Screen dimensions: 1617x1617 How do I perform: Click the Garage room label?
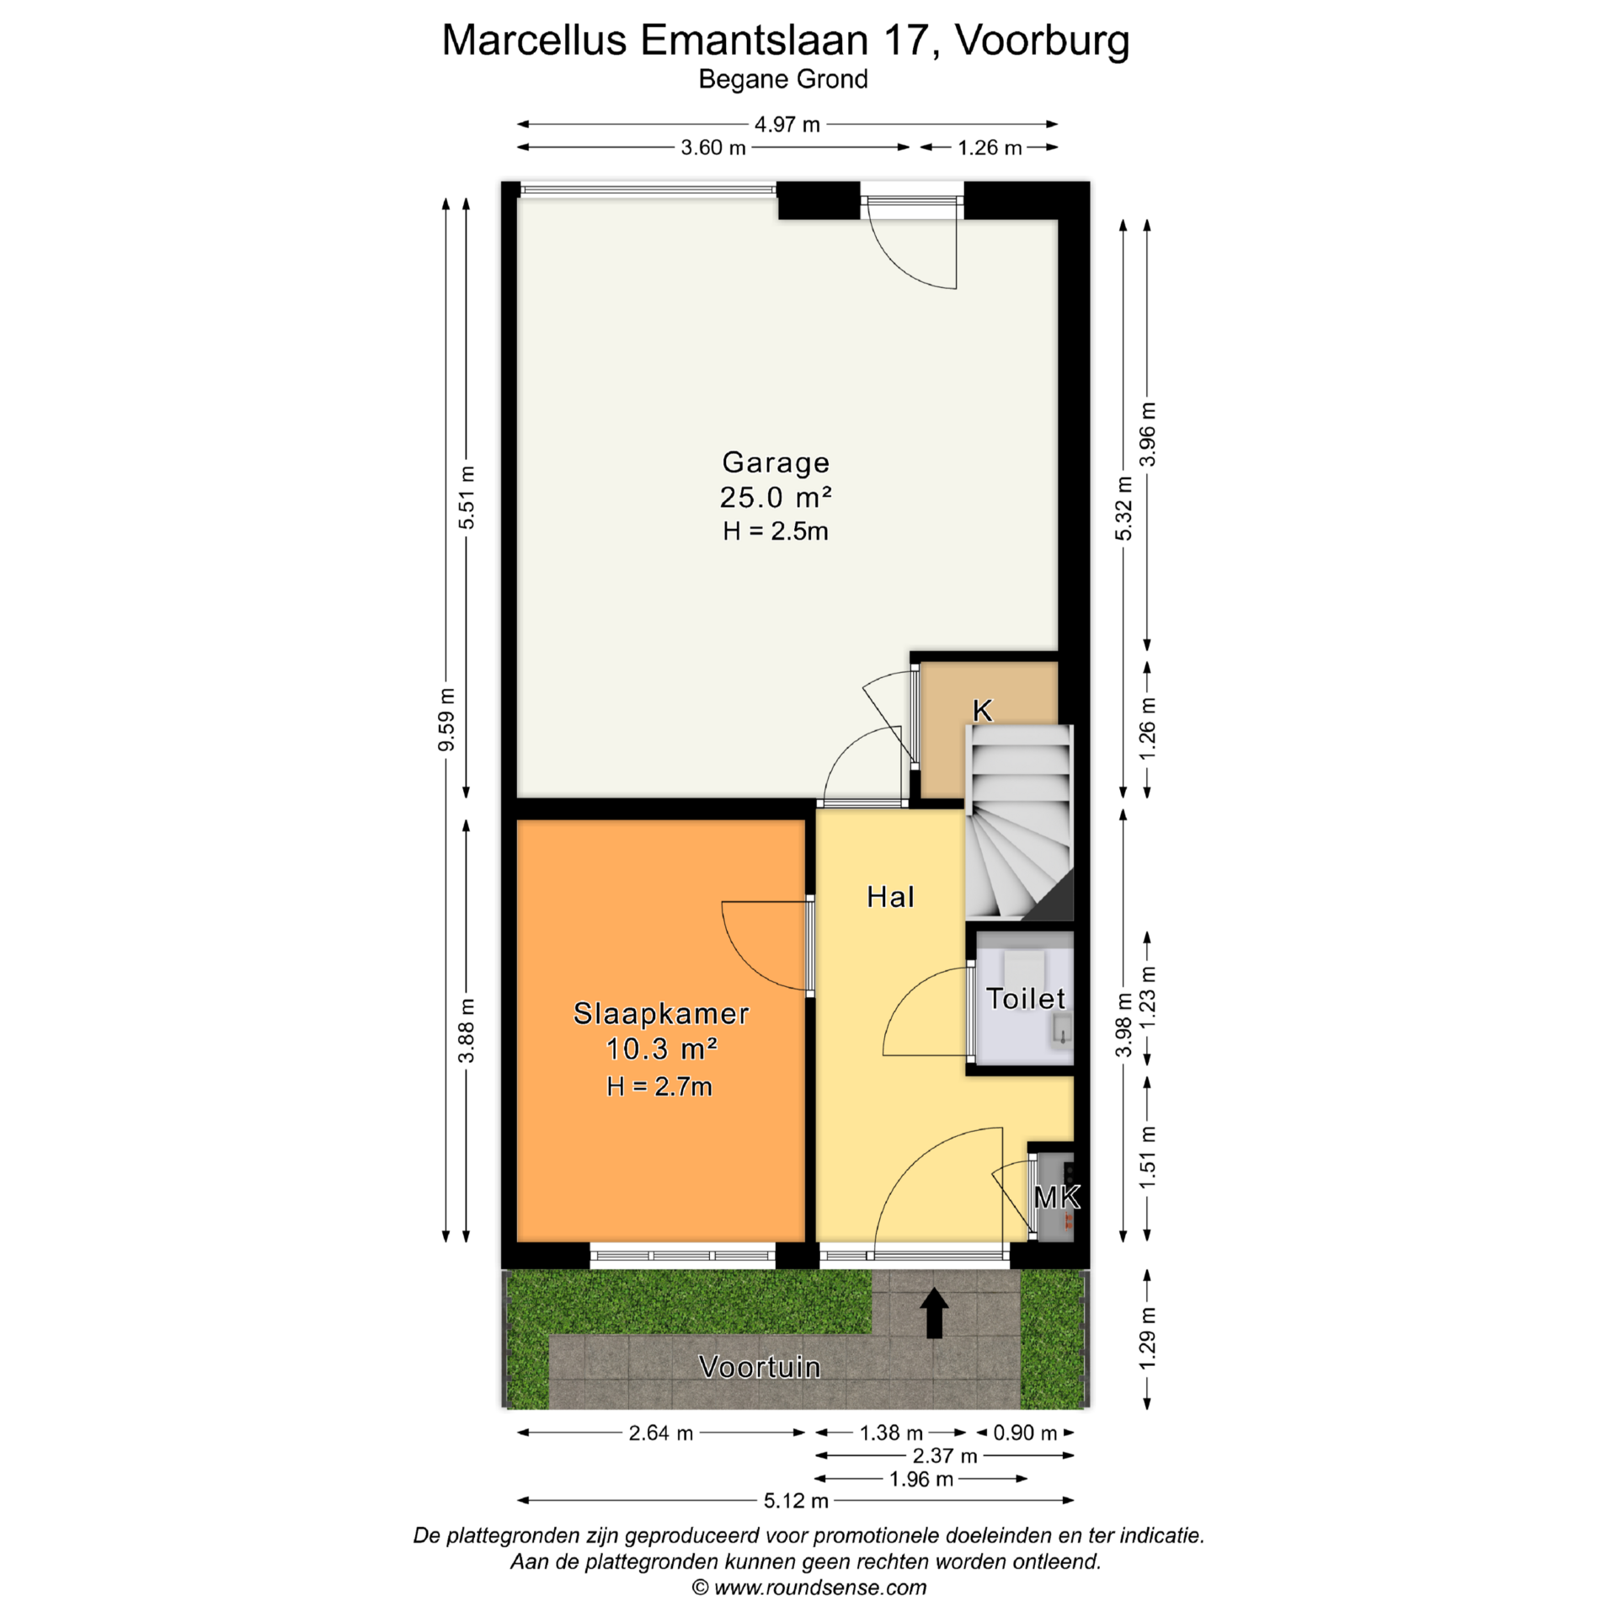(x=776, y=462)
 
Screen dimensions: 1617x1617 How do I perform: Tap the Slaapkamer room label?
(x=661, y=1013)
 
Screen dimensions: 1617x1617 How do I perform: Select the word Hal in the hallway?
(x=890, y=897)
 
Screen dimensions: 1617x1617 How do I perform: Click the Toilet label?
(x=1026, y=998)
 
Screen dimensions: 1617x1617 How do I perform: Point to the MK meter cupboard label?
(x=1056, y=1197)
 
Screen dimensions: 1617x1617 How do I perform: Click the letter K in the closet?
(x=982, y=711)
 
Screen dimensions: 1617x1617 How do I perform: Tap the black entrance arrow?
(x=934, y=1313)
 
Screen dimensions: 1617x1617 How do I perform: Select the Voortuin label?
(x=760, y=1367)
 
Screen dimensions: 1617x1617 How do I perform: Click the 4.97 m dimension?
(x=787, y=125)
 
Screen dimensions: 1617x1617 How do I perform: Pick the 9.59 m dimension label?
(x=446, y=719)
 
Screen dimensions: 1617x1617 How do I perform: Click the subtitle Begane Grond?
(x=783, y=79)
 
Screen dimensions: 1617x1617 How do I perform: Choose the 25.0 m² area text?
(x=776, y=497)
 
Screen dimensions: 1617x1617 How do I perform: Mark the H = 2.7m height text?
(x=659, y=1086)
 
